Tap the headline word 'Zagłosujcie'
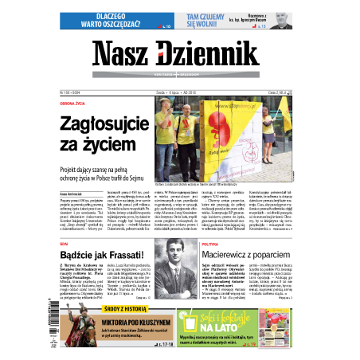click(x=108, y=123)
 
